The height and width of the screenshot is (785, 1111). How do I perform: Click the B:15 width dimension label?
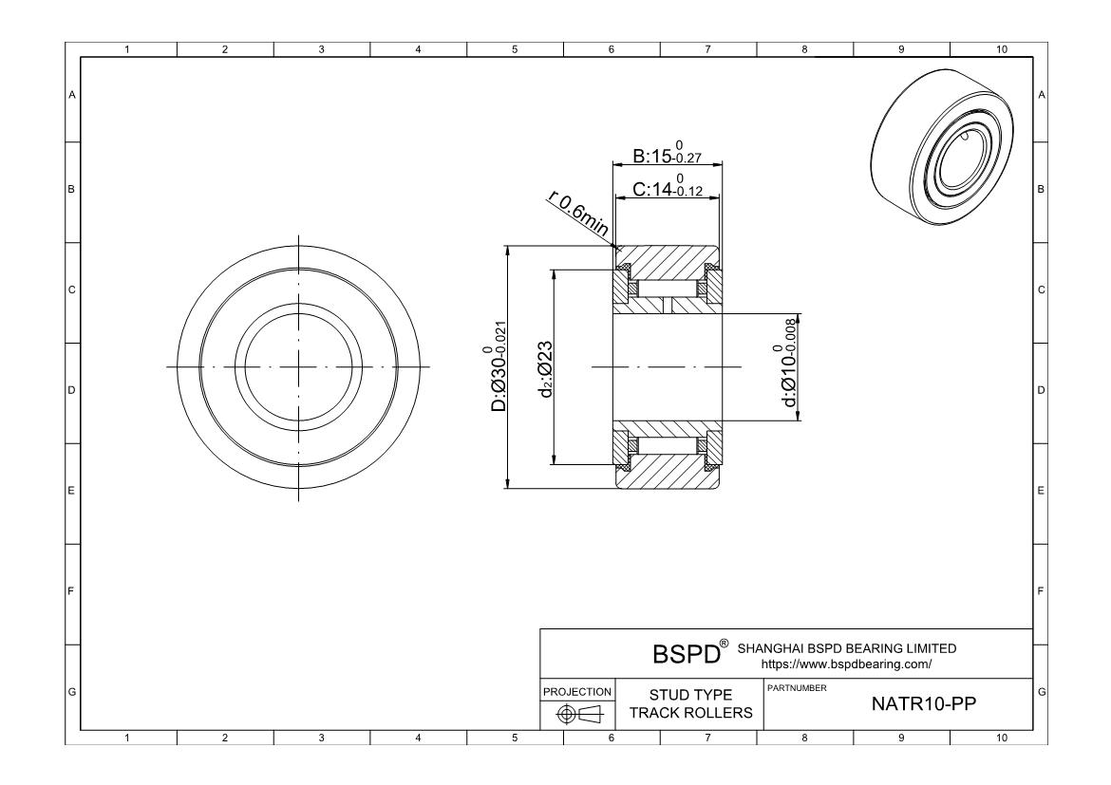click(667, 155)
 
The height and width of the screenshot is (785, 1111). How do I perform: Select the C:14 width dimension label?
click(667, 189)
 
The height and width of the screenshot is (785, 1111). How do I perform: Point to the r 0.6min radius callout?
click(578, 214)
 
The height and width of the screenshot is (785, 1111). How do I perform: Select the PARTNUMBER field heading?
click(796, 687)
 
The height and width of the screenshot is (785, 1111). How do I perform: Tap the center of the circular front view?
click(298, 366)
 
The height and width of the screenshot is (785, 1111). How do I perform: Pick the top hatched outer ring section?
click(667, 257)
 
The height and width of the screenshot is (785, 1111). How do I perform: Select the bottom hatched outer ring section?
click(667, 476)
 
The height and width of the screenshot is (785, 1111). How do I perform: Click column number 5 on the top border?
click(515, 49)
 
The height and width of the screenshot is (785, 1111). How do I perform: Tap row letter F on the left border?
click(71, 590)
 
